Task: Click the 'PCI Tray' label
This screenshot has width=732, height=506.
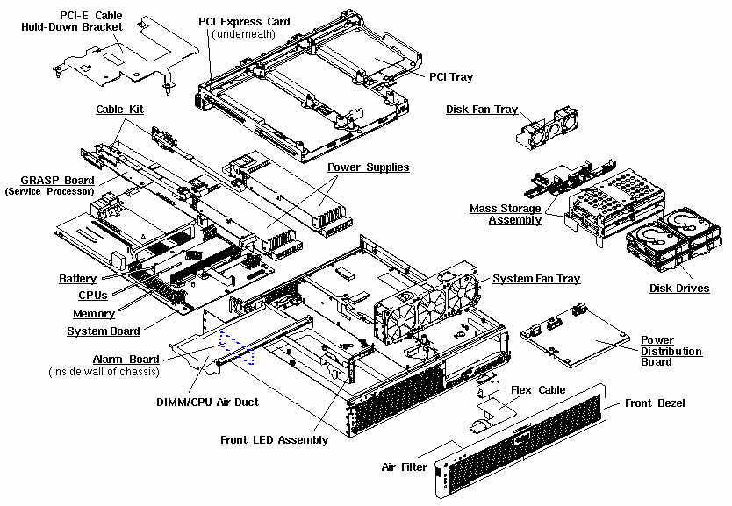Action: tap(451, 77)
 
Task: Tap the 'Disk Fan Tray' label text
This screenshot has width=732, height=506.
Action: tap(481, 110)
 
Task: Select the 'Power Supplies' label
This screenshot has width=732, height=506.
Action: tap(368, 167)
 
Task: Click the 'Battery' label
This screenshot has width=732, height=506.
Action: tap(77, 279)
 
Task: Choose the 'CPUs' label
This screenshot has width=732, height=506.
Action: tap(93, 296)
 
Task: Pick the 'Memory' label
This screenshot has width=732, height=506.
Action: tap(94, 314)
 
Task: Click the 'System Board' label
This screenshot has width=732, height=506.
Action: tap(103, 331)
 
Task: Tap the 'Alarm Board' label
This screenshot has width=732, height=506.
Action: tap(126, 360)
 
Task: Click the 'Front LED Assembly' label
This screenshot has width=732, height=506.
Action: tap(274, 440)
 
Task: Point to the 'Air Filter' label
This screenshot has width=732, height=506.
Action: tap(404, 467)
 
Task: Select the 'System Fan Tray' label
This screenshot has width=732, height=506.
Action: tap(536, 279)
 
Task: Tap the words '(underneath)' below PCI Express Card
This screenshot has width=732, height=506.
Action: tap(244, 34)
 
